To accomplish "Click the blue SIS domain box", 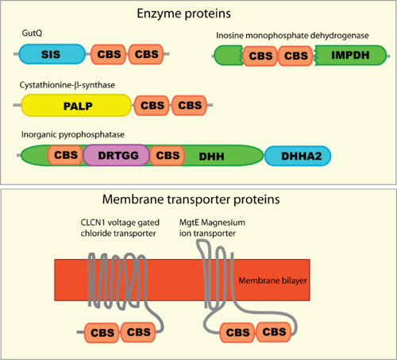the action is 52,54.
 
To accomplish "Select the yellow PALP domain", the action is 76,105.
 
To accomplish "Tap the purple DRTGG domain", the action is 117,155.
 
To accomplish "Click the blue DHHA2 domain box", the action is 298,156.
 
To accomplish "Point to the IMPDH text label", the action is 350,55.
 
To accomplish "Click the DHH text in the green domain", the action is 211,157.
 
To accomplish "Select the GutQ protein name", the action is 32,33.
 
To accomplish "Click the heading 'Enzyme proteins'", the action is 183,14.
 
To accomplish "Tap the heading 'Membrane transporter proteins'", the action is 191,199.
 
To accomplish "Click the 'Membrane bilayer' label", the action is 272,281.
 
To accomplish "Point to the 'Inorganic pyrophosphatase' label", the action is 73,134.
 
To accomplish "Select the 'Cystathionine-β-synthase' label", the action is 67,85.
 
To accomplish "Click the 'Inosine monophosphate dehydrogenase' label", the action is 292,36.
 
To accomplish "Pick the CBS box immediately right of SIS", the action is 109,54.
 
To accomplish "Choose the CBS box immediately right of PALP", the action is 152,106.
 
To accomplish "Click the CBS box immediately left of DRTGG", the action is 65,155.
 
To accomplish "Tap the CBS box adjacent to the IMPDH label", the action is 295,56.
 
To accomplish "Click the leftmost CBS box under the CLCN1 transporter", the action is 102,333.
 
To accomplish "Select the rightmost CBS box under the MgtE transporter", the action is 274,331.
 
